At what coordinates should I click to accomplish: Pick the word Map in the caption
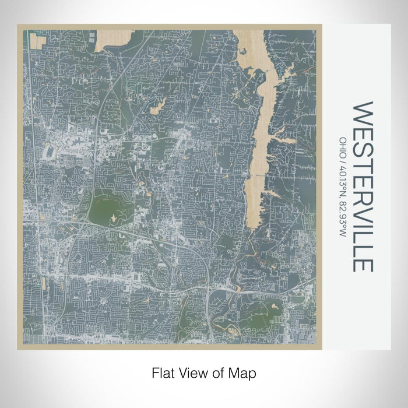click(245, 371)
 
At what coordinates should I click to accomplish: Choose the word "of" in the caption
click(221, 371)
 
